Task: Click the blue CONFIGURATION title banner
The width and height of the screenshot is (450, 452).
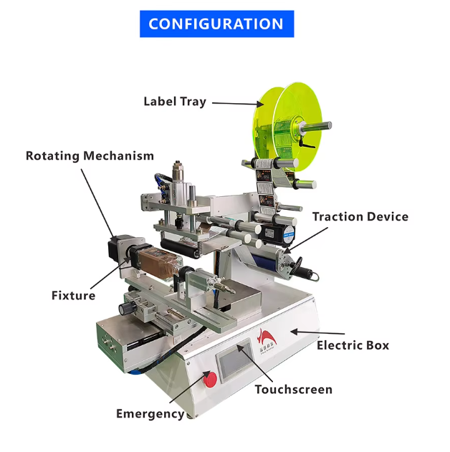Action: click(x=217, y=24)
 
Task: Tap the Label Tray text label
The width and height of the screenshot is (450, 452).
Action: click(x=175, y=102)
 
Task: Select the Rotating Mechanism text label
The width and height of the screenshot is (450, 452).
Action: click(x=90, y=156)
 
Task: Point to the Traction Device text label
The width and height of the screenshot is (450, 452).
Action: click(x=360, y=217)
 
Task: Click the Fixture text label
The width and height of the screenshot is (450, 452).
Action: click(x=73, y=295)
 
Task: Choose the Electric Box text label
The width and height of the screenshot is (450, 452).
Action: click(x=353, y=345)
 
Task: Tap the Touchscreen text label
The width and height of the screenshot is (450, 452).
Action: click(x=294, y=390)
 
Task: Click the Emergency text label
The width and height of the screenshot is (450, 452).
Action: click(x=150, y=414)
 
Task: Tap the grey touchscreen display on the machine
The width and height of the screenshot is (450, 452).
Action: click(x=234, y=360)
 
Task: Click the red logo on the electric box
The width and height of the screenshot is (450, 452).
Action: click(x=267, y=340)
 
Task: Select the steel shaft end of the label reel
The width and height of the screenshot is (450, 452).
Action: click(x=316, y=126)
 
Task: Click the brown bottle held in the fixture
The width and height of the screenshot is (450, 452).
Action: click(x=157, y=264)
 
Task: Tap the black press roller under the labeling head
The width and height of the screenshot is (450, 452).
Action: click(x=180, y=249)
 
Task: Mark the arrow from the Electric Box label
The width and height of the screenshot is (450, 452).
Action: click(x=317, y=332)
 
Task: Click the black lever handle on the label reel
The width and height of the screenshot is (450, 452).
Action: click(x=305, y=142)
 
